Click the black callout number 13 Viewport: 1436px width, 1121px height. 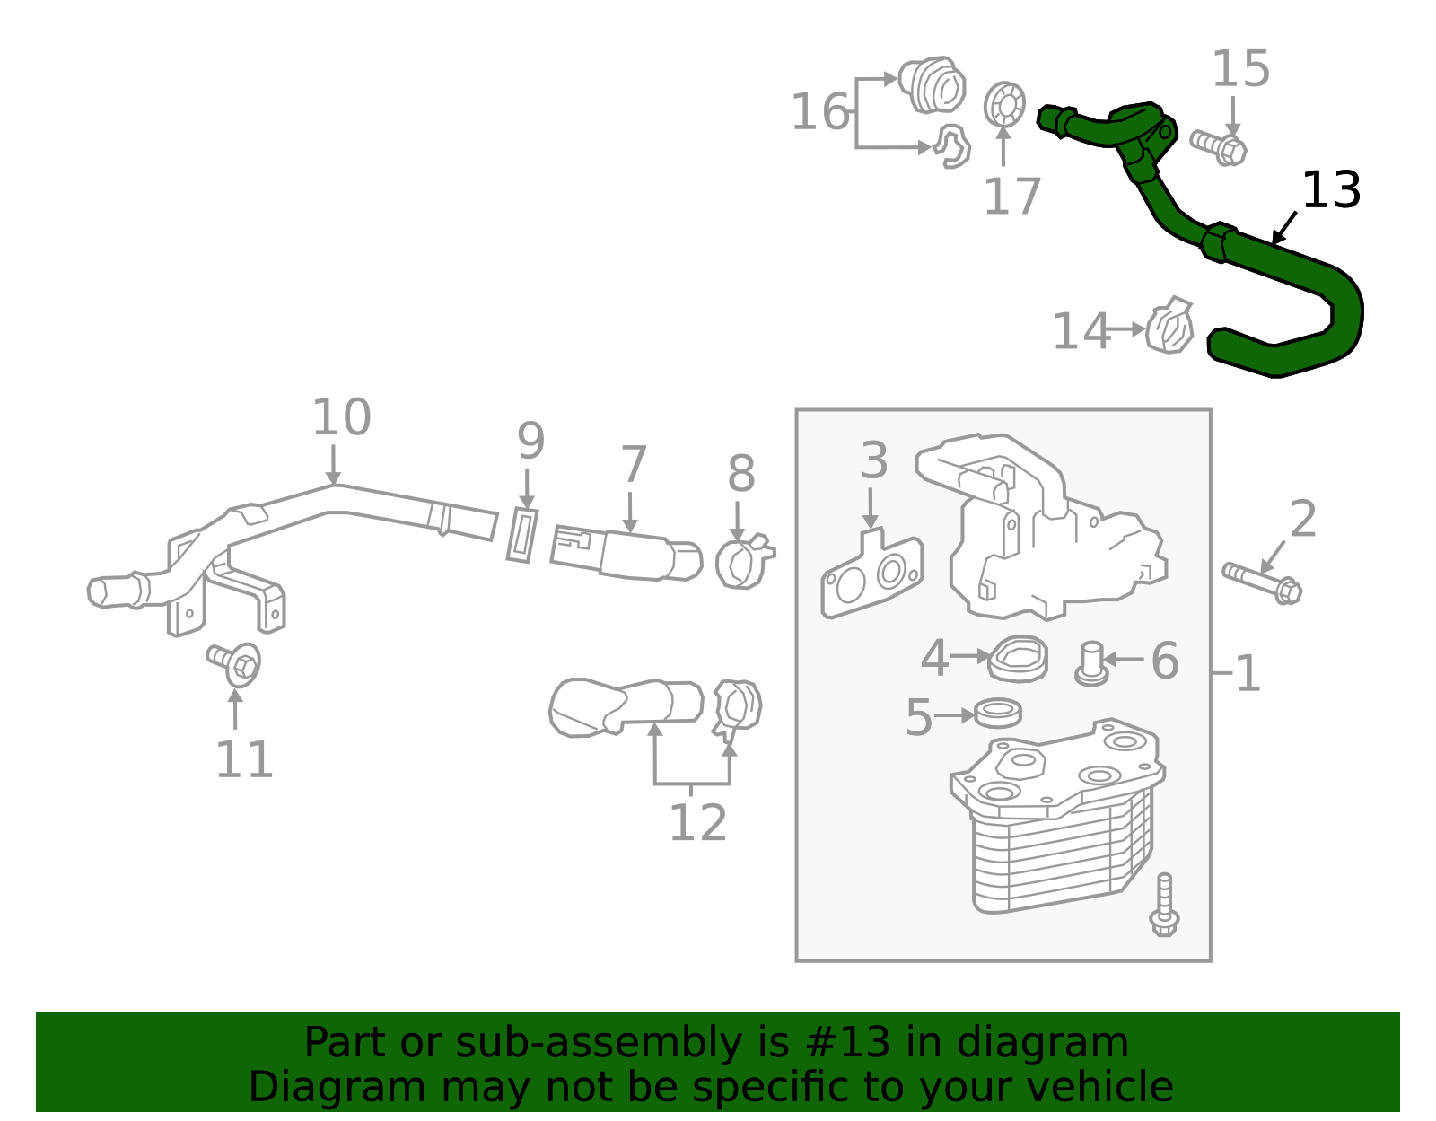[x=1330, y=190]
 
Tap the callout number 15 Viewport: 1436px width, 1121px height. [x=1239, y=69]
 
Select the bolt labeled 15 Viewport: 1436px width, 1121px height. [x=1218, y=147]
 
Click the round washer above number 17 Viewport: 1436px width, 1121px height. [x=1003, y=104]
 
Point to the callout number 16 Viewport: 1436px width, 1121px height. [x=819, y=111]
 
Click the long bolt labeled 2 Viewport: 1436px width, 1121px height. [x=1262, y=582]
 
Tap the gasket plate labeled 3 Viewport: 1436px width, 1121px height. [x=871, y=574]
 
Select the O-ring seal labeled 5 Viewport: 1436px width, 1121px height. [x=998, y=713]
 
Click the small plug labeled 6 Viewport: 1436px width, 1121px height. [x=1091, y=664]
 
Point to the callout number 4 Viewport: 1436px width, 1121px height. [x=933, y=658]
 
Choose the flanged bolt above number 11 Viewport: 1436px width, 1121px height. [x=234, y=664]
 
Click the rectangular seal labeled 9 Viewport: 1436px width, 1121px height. [x=522, y=535]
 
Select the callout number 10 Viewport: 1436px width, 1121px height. [x=341, y=416]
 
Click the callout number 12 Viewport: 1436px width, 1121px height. [x=698, y=822]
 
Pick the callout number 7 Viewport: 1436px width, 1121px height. [x=633, y=464]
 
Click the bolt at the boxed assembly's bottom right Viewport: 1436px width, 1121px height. [x=1164, y=905]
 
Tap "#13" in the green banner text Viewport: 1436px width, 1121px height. [x=847, y=1042]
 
